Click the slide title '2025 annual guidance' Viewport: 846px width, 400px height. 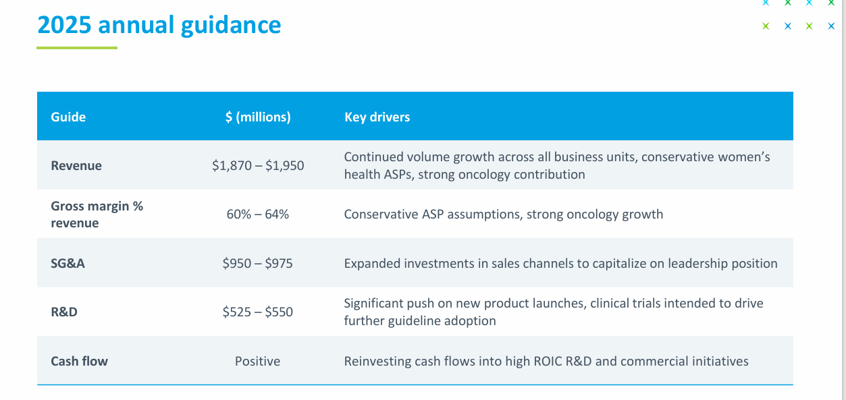coord(159,25)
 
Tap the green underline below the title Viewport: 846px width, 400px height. coord(77,48)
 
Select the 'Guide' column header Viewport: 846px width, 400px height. coord(68,117)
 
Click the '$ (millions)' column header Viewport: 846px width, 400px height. coord(258,117)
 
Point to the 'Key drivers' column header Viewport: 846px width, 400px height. coord(377,117)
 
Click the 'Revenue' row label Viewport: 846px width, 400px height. coord(76,165)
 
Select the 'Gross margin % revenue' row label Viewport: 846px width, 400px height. coord(97,215)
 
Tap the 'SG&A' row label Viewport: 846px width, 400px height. coord(68,263)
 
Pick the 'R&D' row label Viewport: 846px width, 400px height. coord(64,312)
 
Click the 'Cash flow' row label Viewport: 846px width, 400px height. coord(79,361)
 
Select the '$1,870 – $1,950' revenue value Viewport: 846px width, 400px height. coord(258,165)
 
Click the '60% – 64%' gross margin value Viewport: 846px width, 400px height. coord(258,215)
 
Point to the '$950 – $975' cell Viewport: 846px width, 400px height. coord(258,263)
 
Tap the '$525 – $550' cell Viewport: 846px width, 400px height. coord(258,312)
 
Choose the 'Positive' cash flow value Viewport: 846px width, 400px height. coord(258,361)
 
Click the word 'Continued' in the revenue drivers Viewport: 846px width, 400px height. coord(373,157)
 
